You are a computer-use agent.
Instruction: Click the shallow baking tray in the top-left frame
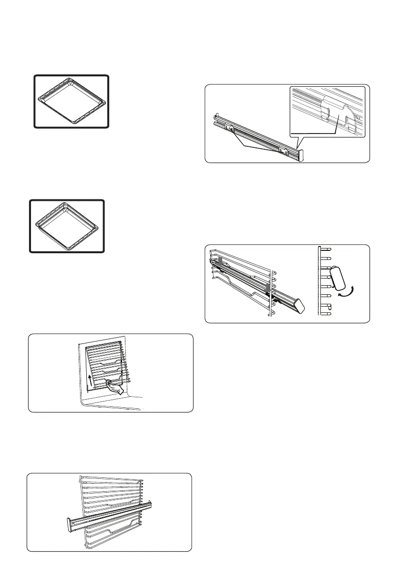71,101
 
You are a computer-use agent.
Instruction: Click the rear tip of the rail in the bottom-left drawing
150,503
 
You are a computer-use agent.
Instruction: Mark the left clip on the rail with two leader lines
230,127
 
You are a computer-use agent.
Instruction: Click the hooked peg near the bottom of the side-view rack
327,309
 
